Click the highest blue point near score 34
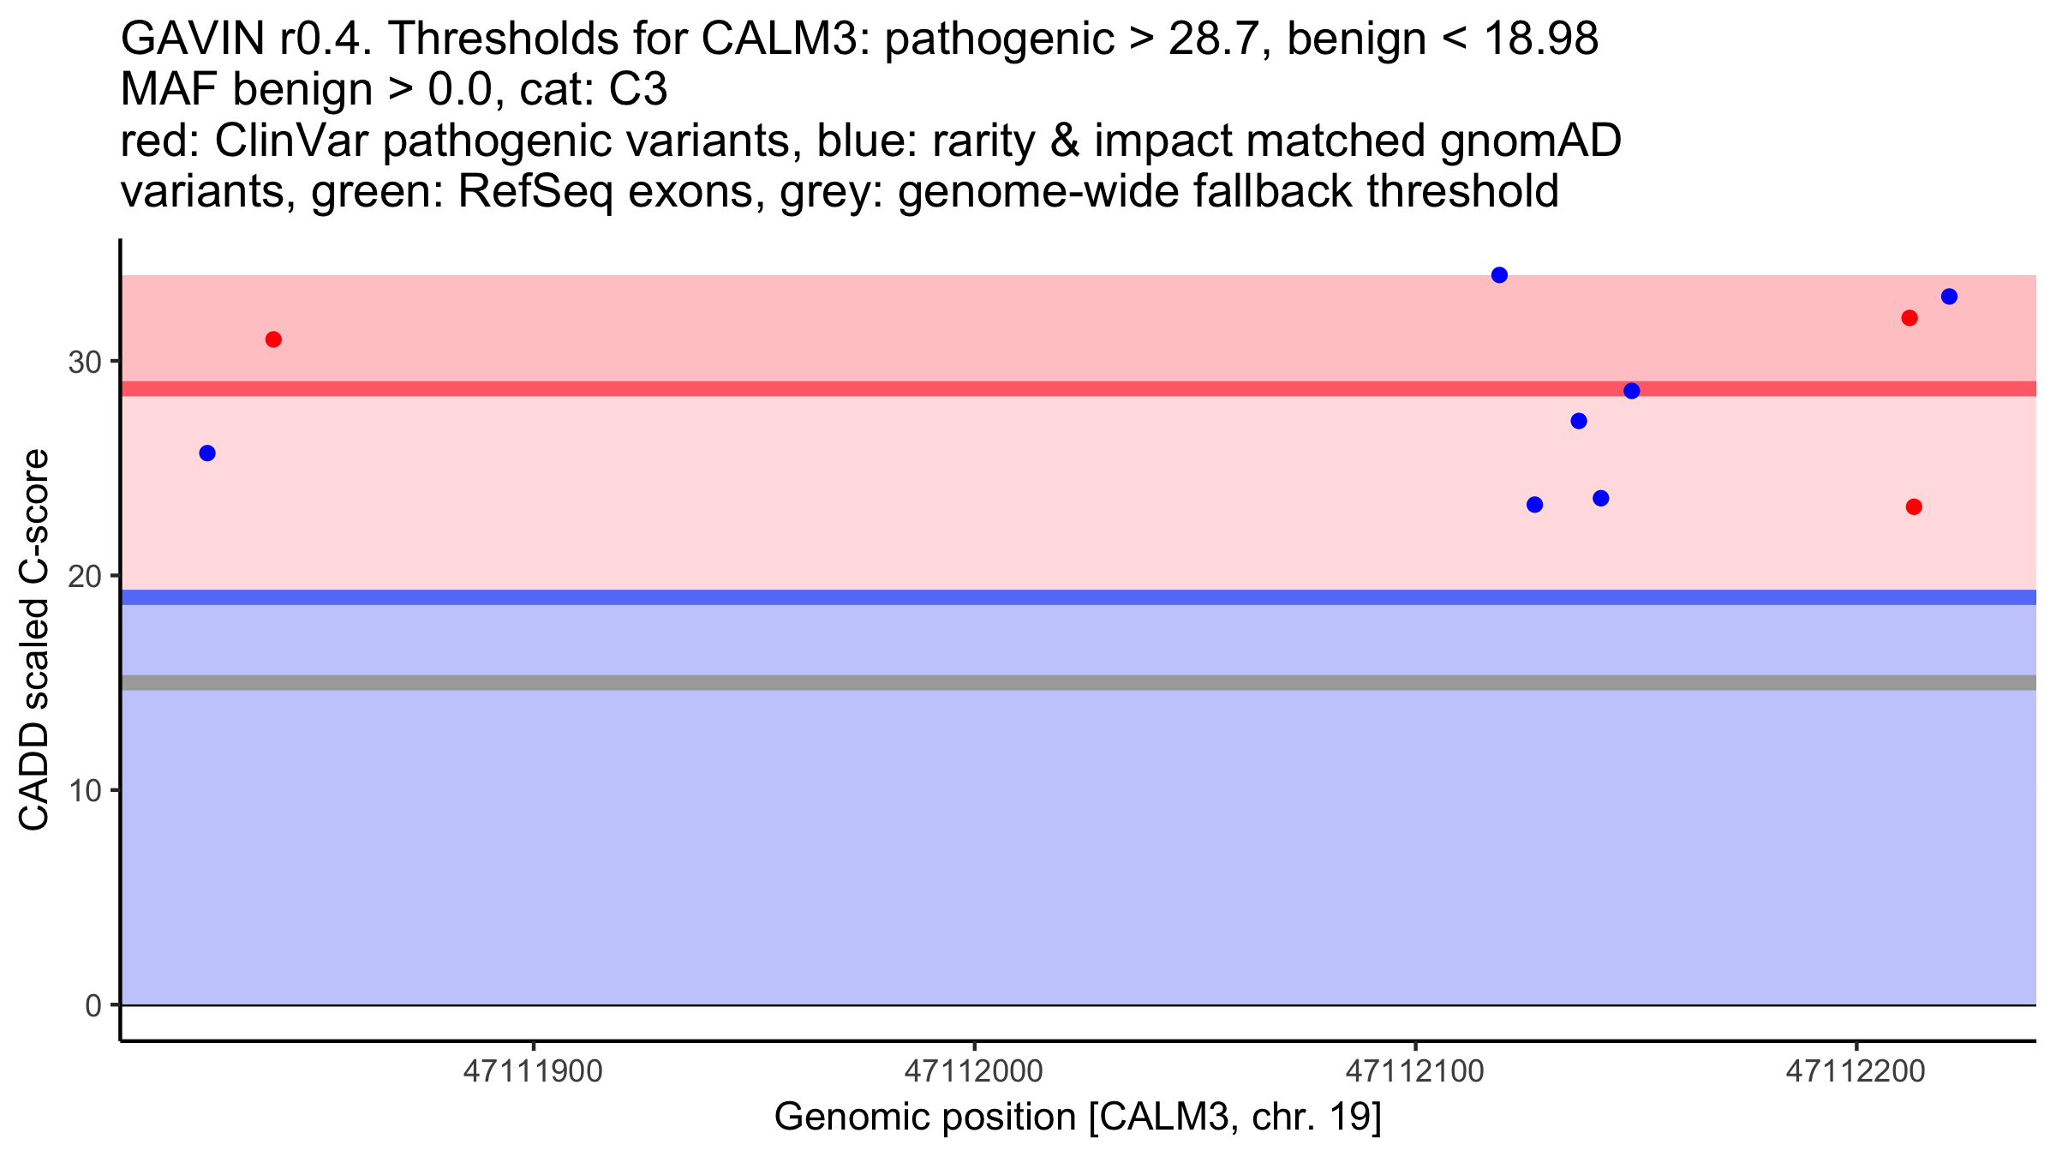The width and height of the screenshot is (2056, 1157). pos(1499,275)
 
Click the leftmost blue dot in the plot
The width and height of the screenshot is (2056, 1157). pos(207,453)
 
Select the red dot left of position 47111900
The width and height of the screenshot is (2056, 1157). pos(273,339)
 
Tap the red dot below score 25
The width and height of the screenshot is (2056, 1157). pos(1914,507)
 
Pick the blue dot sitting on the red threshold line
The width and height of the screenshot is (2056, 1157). pos(1632,391)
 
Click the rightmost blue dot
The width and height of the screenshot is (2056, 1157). pos(1949,297)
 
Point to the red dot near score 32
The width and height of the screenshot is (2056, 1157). pos(1910,318)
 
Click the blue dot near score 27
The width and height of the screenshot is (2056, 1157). pos(1579,421)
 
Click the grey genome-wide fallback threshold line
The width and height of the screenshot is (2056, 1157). pos(1028,683)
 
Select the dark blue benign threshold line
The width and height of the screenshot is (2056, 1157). pos(1028,597)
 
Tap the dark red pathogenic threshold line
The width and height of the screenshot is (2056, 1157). pos(1028,389)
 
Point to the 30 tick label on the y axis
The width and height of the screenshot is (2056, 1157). pos(84,362)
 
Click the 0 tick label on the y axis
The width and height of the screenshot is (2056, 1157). pos(93,1005)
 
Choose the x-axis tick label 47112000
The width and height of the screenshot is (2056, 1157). pos(974,1071)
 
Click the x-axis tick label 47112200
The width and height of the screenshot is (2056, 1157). pos(1856,1071)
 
